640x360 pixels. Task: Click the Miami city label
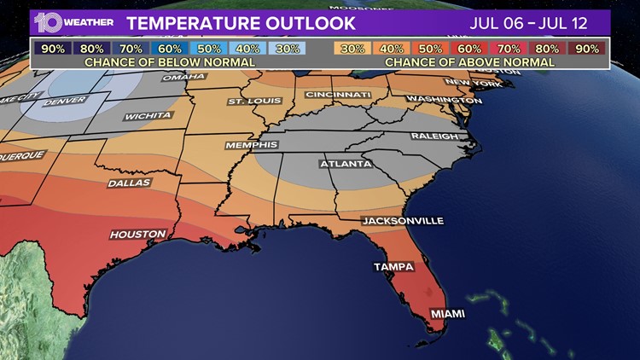(x=447, y=314)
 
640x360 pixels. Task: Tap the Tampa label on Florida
(x=393, y=267)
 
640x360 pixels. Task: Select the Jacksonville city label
(x=403, y=221)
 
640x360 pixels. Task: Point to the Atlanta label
(x=345, y=163)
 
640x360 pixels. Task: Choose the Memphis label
(x=251, y=145)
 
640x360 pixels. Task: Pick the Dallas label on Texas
(x=129, y=183)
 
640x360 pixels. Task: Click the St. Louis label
(x=248, y=102)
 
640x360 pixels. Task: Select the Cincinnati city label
(x=337, y=94)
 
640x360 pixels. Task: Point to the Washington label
(x=439, y=100)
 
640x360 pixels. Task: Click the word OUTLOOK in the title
(x=301, y=21)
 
